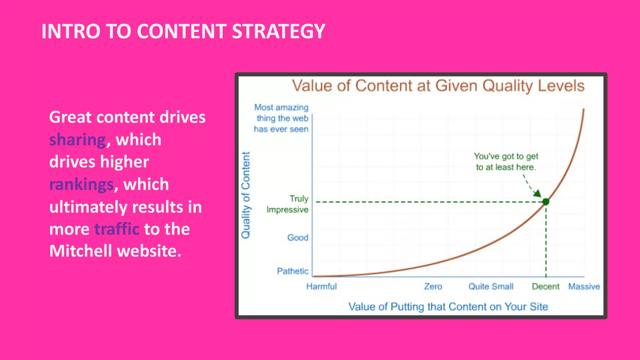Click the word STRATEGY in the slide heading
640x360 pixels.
click(278, 31)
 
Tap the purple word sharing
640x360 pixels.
click(77, 140)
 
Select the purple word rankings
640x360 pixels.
click(81, 184)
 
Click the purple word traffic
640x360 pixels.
click(117, 229)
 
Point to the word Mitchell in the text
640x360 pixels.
click(81, 251)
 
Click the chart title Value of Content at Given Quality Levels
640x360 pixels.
click(438, 86)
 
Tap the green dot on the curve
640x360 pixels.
click(546, 202)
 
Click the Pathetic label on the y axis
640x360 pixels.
click(292, 271)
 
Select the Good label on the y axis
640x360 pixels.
click(297, 237)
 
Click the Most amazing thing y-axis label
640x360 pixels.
click(281, 118)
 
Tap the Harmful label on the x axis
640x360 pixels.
click(321, 287)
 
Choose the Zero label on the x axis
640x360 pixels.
click(433, 287)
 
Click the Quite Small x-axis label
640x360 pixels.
click(491, 287)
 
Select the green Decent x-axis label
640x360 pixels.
click(546, 287)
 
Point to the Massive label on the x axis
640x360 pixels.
click(584, 287)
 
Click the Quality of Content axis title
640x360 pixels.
click(246, 195)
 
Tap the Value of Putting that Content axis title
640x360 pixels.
click(448, 307)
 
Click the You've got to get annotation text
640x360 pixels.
click(506, 162)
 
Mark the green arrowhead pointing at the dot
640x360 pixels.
click(537, 193)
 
